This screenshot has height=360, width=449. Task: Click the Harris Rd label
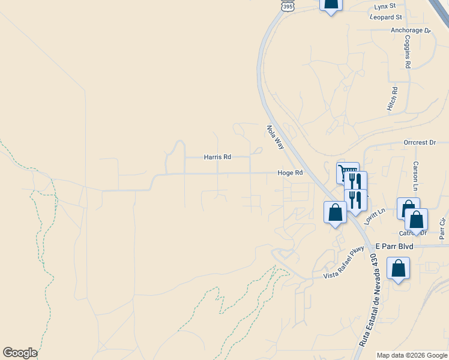click(217, 157)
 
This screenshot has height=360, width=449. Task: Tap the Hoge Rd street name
click(290, 173)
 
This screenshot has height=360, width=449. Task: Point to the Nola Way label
click(275, 137)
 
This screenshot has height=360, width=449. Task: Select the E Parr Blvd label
click(395, 246)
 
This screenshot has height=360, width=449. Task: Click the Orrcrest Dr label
click(419, 143)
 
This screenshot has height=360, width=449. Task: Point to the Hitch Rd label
click(393, 98)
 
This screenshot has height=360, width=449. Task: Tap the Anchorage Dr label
click(411, 30)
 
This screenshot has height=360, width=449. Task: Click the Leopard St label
click(387, 17)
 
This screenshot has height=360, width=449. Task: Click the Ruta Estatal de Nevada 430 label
click(369, 300)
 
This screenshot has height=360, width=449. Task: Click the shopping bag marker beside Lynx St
click(331, 4)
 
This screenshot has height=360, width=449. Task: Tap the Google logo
click(20, 353)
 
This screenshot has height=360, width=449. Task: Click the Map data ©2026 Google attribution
click(412, 355)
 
